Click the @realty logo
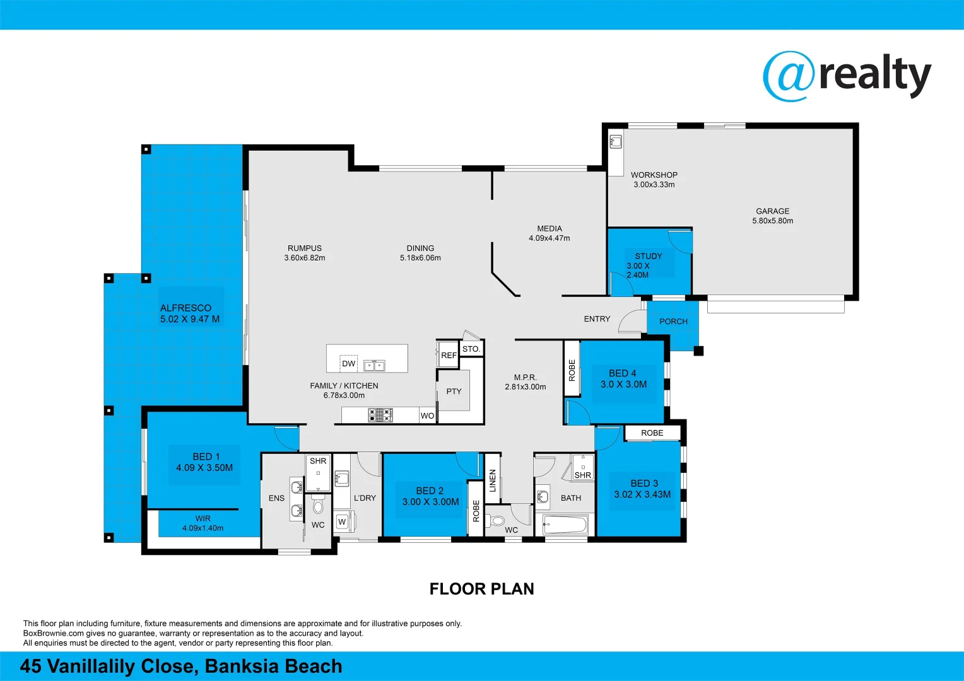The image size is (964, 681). [847, 76]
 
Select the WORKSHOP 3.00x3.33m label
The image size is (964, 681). [654, 180]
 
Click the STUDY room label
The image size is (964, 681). [648, 256]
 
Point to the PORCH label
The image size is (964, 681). [673, 322]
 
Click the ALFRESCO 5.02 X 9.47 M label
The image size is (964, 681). [190, 313]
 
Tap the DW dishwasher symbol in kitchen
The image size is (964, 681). [348, 364]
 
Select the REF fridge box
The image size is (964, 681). [449, 355]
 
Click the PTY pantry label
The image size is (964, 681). [454, 392]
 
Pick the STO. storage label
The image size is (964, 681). [471, 349]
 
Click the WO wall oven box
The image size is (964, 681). [427, 416]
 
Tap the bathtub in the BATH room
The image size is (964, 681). [566, 524]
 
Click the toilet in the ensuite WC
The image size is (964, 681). [318, 506]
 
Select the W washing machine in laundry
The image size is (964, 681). [342, 521]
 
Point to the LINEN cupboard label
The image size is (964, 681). [493, 480]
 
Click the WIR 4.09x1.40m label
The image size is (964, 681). [203, 523]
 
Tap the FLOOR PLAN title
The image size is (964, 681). [481, 589]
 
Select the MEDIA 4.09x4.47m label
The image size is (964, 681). [549, 233]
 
